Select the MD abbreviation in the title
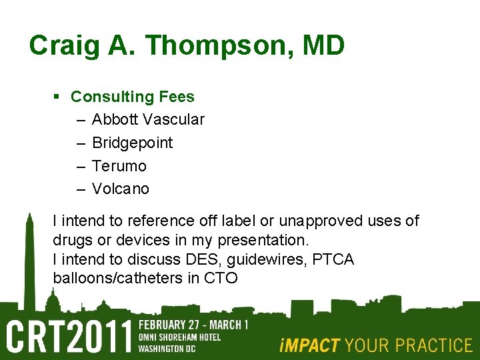click(323, 46)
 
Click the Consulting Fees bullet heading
click(133, 97)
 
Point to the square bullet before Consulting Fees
click(57, 97)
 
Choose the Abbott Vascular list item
click(148, 119)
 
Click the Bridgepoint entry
click(132, 143)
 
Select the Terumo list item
click(119, 165)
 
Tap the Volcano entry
click(121, 189)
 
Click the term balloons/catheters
click(118, 278)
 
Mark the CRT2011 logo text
click(69, 337)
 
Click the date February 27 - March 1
click(193, 325)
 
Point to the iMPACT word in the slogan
click(310, 345)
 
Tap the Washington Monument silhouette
click(29, 260)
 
